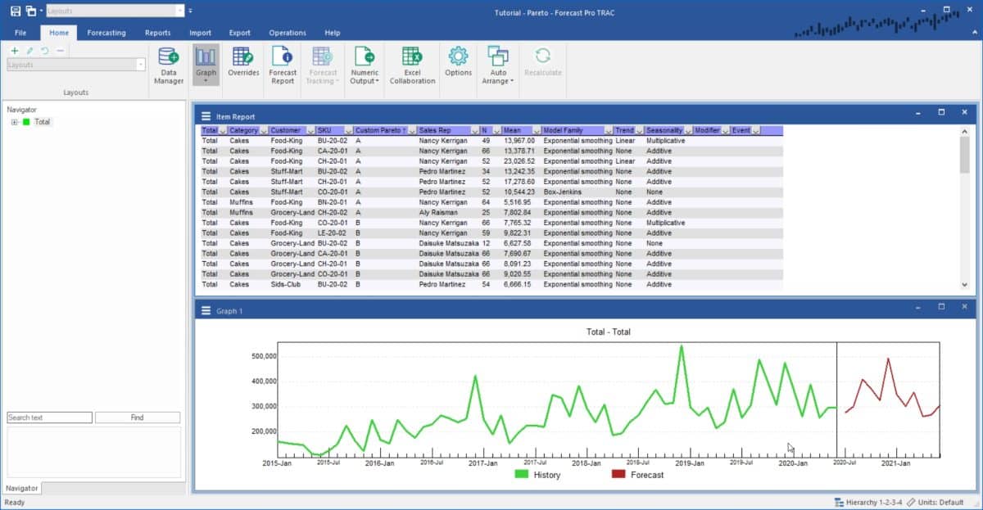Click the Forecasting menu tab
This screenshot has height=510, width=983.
(x=106, y=33)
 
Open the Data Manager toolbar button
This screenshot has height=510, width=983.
(x=169, y=65)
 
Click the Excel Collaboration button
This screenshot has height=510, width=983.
(x=412, y=65)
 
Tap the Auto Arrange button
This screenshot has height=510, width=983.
(x=498, y=65)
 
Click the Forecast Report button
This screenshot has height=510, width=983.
(x=283, y=65)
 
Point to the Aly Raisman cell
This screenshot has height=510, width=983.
(x=437, y=213)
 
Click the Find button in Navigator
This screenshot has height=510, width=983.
(x=137, y=417)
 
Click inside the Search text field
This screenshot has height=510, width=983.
(x=49, y=417)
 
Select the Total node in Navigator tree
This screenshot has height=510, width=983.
(x=42, y=122)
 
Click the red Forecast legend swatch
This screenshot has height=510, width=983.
(x=618, y=475)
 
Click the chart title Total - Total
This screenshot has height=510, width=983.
(x=608, y=332)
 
